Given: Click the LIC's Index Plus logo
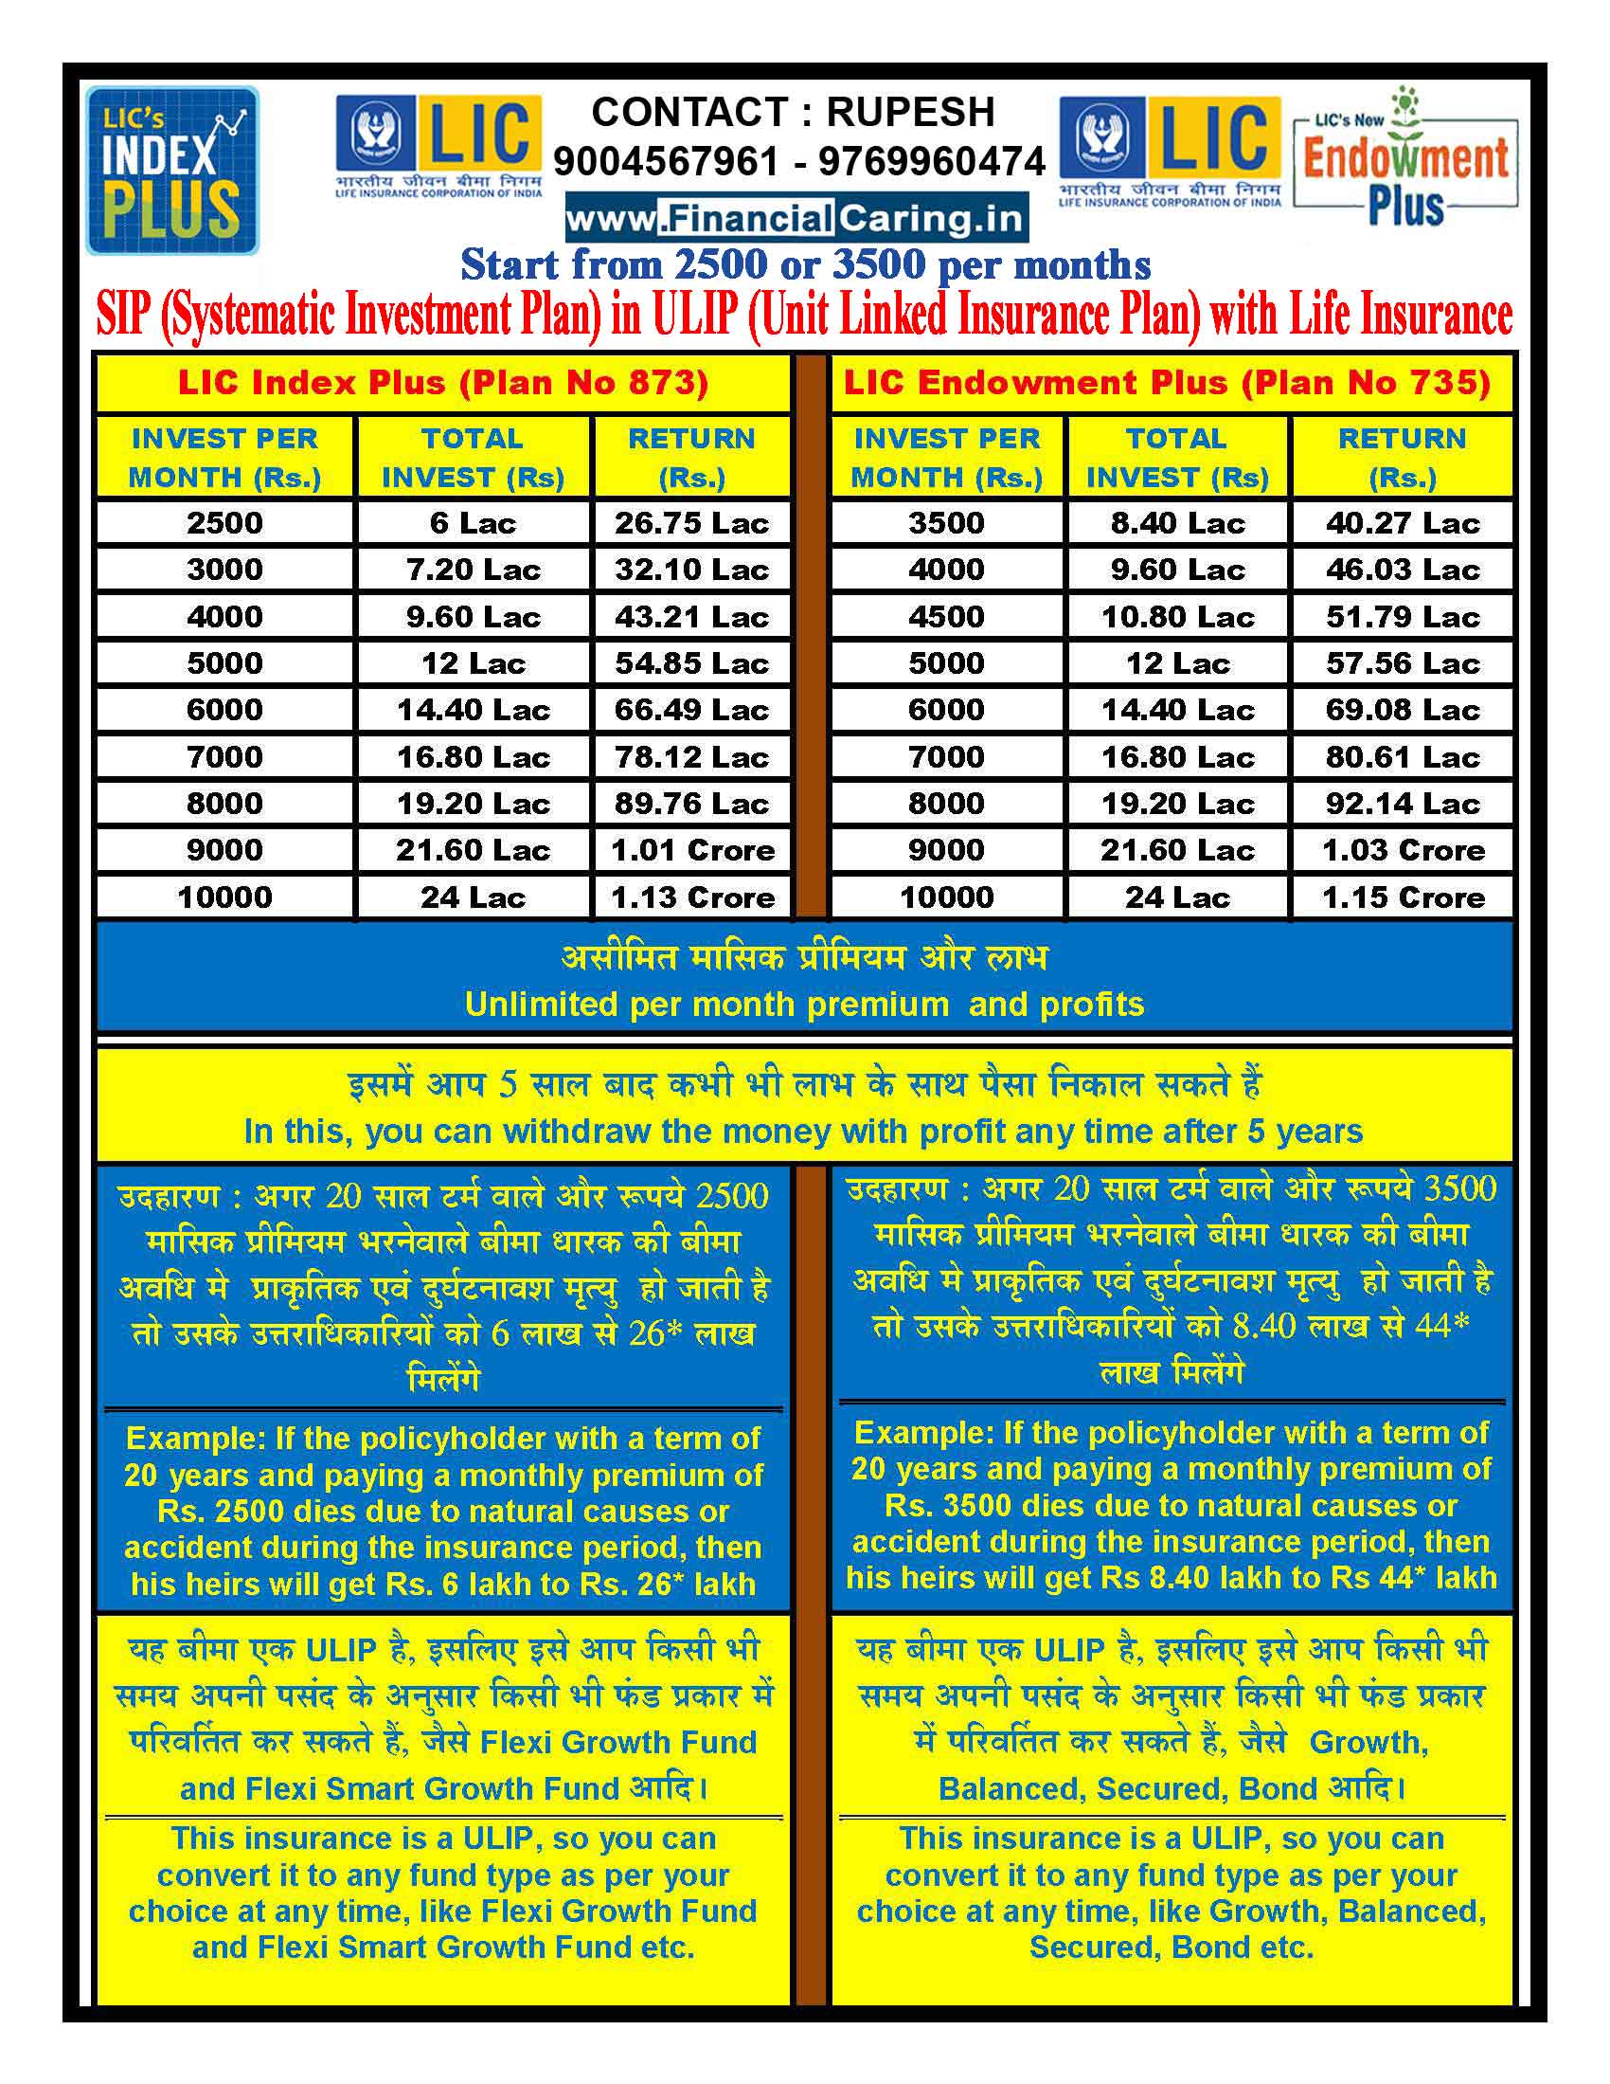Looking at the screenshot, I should [x=172, y=171].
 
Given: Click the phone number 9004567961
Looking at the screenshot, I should [x=666, y=161].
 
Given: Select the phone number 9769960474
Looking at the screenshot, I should [x=932, y=161].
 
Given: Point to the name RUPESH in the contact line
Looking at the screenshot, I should [x=910, y=112].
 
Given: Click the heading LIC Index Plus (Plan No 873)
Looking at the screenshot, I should [x=443, y=383].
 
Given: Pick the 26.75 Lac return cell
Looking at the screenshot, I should [x=691, y=523].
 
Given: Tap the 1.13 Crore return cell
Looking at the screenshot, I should [x=691, y=897].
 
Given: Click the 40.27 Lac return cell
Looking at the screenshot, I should [x=1402, y=523].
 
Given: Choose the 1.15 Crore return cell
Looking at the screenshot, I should [x=1402, y=897].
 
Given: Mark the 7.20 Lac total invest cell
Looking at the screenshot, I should [x=474, y=570].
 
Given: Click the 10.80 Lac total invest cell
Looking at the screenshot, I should [x=1177, y=616].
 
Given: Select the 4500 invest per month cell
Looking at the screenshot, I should [x=946, y=616].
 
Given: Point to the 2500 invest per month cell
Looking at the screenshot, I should [x=225, y=523].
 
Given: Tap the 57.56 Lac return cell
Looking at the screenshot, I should [x=1402, y=663].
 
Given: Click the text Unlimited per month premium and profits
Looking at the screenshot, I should [x=804, y=1004].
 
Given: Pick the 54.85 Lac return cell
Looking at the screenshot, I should [x=691, y=663].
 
